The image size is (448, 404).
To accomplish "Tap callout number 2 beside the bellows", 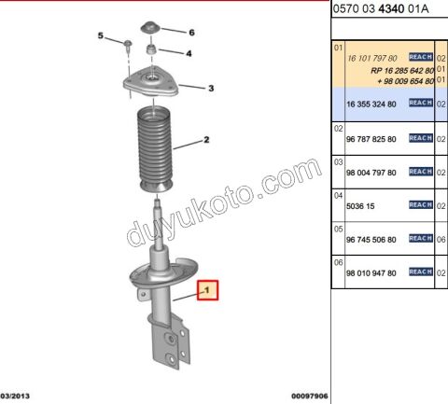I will pos(206,143).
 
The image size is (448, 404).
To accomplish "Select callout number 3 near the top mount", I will pos(211,89).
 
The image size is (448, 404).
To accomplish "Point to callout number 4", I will pos(189,53).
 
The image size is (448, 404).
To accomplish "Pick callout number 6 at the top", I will pos(191,32).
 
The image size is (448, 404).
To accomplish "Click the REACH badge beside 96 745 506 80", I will pos(421,239).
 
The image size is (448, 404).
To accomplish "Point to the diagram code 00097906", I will pos(309,396).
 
